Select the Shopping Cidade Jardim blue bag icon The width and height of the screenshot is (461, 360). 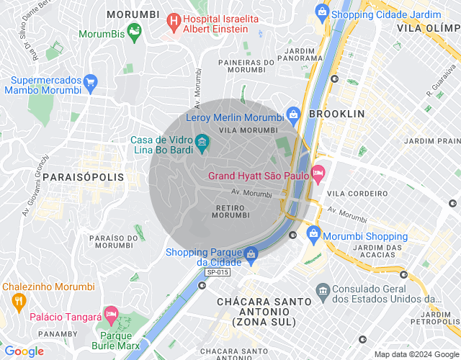tap(322, 12)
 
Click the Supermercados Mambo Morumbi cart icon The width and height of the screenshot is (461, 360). tap(90, 83)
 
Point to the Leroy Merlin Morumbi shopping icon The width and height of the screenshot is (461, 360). tap(293, 115)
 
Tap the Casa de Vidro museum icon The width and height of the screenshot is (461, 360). tap(202, 140)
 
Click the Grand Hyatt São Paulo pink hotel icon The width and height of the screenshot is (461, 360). tap(318, 173)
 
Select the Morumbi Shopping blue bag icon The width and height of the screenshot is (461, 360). tap(313, 233)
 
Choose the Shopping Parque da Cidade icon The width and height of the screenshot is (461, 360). tap(250, 254)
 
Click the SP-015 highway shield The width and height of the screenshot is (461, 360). tap(218, 273)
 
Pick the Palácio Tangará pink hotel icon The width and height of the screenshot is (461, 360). tap(111, 314)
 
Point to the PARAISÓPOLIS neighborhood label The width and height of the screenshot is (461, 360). tap(83, 176)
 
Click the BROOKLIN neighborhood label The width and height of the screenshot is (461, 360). tap(336, 114)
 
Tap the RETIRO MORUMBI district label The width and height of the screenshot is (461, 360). tap(232, 210)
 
